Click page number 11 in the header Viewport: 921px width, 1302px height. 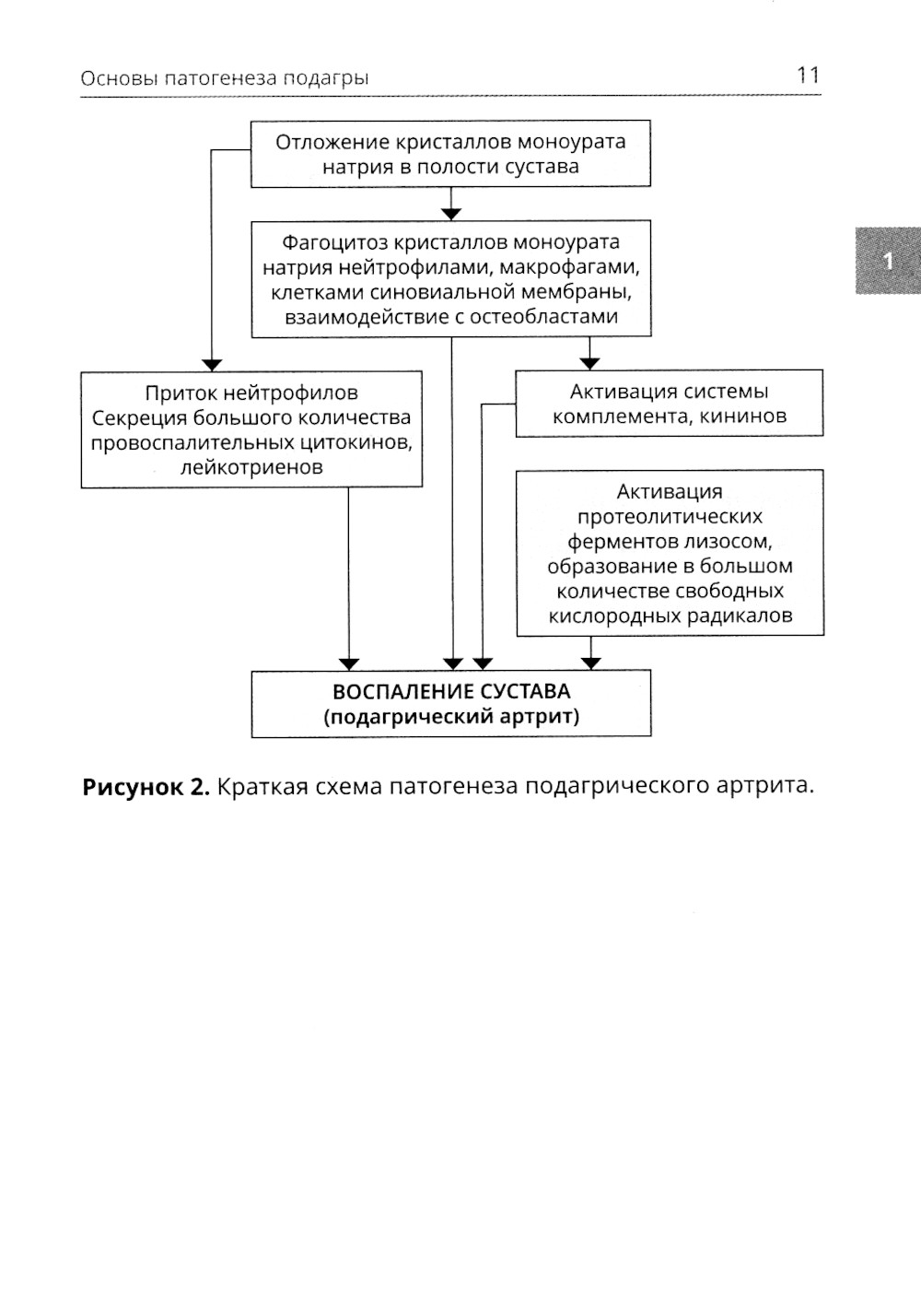pyautogui.click(x=807, y=76)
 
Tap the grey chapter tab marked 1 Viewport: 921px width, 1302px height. pyautogui.click(x=888, y=261)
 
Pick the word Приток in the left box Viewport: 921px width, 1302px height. pyautogui.click(x=181, y=393)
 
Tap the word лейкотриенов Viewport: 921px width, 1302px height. pyautogui.click(x=251, y=467)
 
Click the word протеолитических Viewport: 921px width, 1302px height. pyautogui.click(x=670, y=516)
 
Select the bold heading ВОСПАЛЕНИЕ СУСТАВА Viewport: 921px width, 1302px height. pyautogui.click(x=451, y=692)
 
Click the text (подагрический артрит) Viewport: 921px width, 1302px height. pyautogui.click(x=451, y=717)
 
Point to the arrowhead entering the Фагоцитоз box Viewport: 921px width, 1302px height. pyautogui.click(x=451, y=214)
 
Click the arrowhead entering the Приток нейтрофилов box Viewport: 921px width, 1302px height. pyautogui.click(x=212, y=365)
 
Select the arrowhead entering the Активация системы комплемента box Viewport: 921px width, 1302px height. pyautogui.click(x=589, y=364)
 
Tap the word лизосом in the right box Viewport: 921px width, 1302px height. pyautogui.click(x=733, y=541)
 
